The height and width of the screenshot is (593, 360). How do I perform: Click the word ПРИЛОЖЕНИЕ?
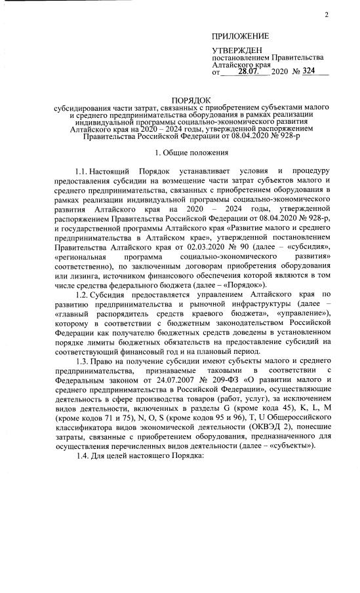click(240, 35)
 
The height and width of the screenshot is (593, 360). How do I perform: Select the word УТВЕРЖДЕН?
click(237, 50)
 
